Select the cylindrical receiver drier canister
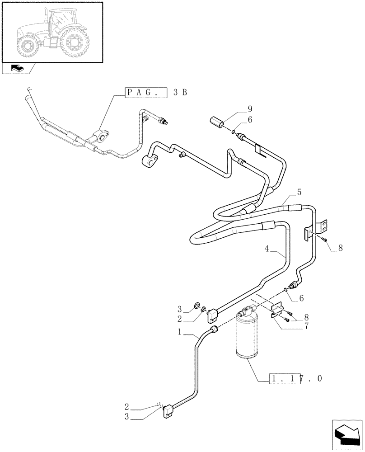247,337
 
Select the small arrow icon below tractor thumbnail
18,69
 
